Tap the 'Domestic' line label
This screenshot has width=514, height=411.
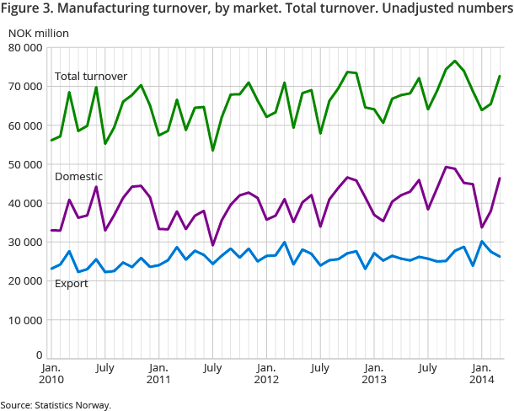(78, 177)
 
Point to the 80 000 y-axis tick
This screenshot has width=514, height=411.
(26, 48)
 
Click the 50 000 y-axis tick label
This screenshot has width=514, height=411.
(26, 164)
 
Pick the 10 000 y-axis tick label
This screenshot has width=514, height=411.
(26, 320)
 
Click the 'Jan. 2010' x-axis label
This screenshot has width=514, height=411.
(51, 375)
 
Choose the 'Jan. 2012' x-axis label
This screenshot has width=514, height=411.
(265, 375)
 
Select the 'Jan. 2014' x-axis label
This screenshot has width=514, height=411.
(481, 375)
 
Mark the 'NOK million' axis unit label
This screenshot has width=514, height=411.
(40, 33)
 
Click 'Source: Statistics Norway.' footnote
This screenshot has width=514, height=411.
(56, 405)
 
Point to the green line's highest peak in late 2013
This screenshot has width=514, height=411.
(455, 61)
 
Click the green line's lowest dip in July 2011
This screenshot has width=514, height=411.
(212, 150)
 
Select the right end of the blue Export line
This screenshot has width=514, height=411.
(501, 256)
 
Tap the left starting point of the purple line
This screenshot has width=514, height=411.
(51, 230)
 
